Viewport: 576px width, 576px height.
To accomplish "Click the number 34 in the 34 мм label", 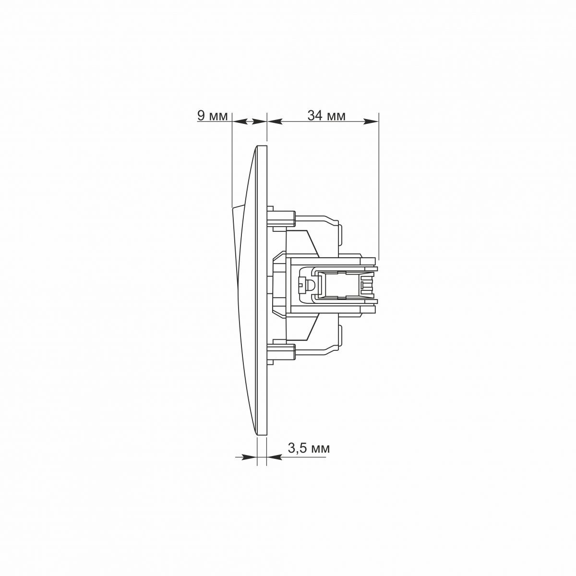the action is pos(315,116).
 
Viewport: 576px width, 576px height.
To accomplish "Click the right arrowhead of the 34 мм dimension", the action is pos(371,121).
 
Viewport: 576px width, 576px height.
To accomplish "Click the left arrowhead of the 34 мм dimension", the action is pos(275,121).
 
